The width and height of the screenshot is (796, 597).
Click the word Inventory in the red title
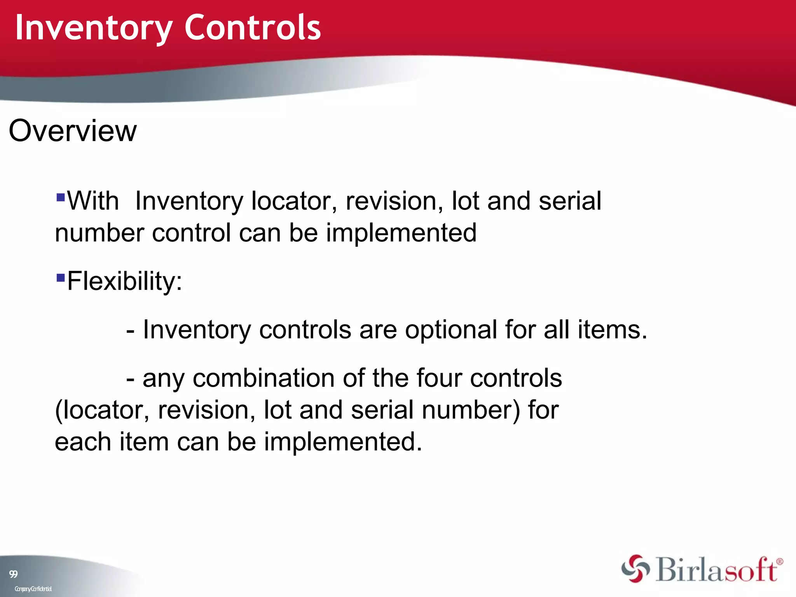pos(93,28)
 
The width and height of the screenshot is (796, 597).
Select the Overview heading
pos(73,131)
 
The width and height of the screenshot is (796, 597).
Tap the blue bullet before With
pos(60,197)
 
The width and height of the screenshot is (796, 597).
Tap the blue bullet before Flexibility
pos(60,278)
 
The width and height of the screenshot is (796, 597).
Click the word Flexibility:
pos(124,281)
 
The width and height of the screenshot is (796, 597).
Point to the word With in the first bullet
pos(93,201)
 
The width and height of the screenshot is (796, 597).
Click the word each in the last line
pos(83,442)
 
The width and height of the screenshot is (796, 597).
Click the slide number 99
pos(13,574)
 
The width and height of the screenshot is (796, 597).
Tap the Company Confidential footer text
pos(33,589)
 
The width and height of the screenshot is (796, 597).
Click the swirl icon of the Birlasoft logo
pos(635,569)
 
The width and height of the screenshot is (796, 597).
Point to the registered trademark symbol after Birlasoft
pos(779,562)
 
